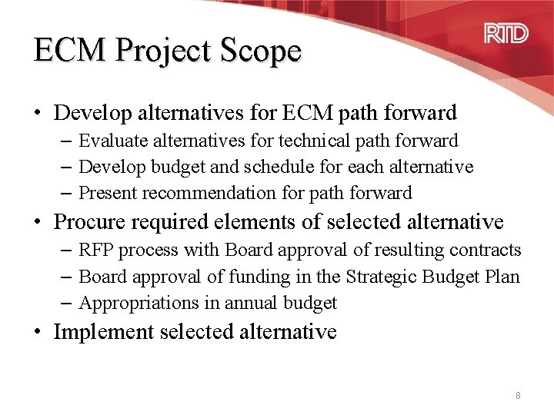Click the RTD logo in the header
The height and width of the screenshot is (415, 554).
(506, 34)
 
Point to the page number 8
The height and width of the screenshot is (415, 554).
(518, 395)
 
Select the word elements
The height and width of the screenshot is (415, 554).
(282, 223)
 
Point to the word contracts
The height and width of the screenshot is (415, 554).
(485, 251)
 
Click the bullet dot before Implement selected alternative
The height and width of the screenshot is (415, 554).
(37, 333)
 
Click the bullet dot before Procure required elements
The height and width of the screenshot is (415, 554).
(37, 223)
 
